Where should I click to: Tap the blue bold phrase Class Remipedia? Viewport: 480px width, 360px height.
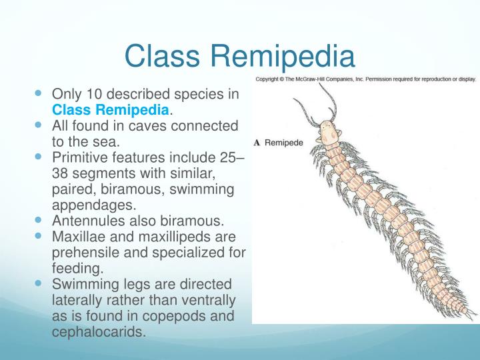pos(111,109)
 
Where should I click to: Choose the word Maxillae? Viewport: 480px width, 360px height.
pos(79,237)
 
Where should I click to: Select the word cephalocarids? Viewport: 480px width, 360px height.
pos(98,333)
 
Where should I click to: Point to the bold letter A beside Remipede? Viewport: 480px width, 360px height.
pos(257,143)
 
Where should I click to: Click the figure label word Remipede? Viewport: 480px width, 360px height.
pos(284,143)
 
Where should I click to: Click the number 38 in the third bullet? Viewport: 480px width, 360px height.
pos(61,174)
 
